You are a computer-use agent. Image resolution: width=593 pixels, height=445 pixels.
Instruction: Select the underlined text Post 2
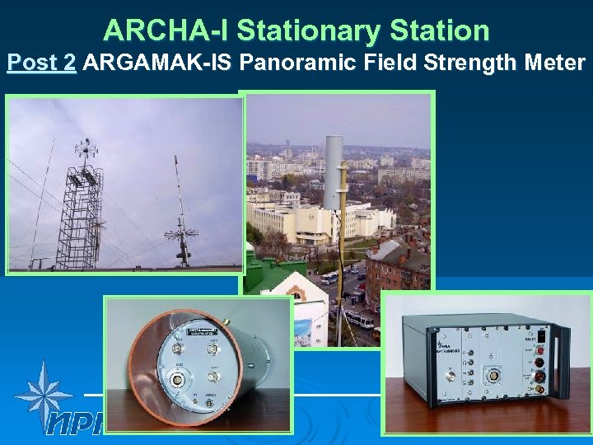click(41, 63)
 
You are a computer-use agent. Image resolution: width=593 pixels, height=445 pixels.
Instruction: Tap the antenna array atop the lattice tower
click(84, 153)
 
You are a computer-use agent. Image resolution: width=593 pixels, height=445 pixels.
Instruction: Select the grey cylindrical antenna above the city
click(334, 173)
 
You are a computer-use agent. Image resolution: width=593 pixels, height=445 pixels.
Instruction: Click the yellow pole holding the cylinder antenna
click(339, 272)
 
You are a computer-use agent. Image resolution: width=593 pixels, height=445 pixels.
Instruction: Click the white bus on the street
click(359, 318)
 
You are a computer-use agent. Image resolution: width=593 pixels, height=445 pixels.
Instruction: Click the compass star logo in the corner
click(41, 393)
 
